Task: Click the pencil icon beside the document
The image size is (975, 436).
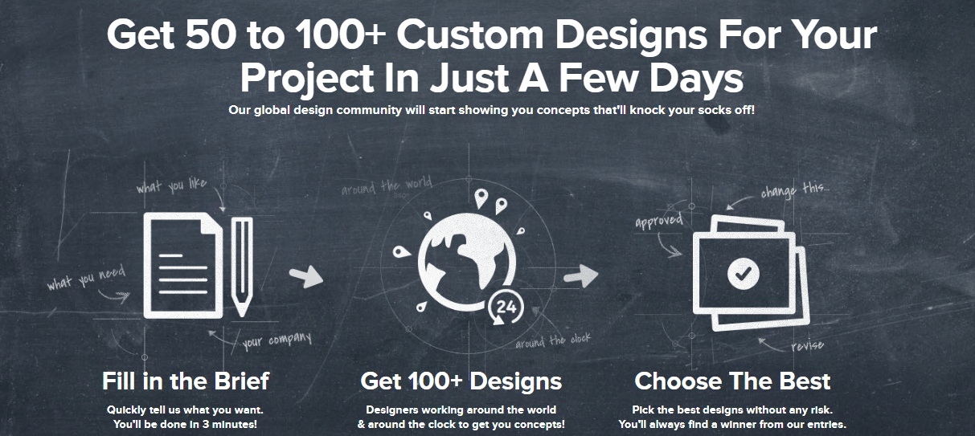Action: click(x=242, y=266)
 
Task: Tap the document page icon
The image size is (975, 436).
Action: click(x=183, y=265)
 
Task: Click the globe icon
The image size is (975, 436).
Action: click(x=467, y=261)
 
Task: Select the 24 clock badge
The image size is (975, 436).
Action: click(x=506, y=308)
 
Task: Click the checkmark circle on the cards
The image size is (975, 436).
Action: click(x=744, y=274)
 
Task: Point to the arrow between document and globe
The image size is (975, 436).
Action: click(x=306, y=276)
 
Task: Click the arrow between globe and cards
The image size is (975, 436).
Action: click(x=581, y=276)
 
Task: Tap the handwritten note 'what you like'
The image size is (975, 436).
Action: click(x=171, y=185)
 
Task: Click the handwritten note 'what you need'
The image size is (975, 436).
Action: click(x=86, y=278)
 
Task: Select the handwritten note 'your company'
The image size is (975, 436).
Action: click(x=277, y=340)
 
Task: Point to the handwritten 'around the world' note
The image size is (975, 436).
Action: click(x=387, y=186)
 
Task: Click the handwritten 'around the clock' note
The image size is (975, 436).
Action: click(x=553, y=340)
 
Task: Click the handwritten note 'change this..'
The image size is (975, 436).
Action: click(x=795, y=190)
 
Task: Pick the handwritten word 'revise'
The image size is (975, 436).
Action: click(x=808, y=345)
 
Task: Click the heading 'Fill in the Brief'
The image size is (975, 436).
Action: click(x=186, y=381)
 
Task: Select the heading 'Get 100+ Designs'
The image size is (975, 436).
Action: click(x=461, y=381)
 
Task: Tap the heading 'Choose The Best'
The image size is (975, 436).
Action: click(x=732, y=381)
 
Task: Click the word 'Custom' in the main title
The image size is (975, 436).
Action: click(x=470, y=35)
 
